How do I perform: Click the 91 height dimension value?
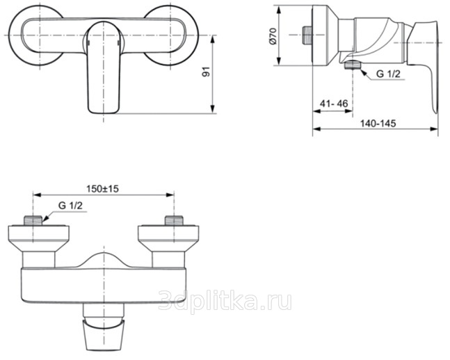tap(206, 72)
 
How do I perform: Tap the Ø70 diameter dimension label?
tap(273, 36)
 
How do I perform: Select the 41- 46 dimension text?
tap(333, 104)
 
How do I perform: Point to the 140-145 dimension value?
tap(378, 123)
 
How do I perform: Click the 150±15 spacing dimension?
tap(102, 189)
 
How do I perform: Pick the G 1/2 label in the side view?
tap(388, 74)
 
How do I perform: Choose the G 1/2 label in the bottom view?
tap(70, 206)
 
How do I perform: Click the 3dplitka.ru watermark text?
tap(225, 300)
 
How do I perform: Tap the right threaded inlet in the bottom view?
tap(174, 220)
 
